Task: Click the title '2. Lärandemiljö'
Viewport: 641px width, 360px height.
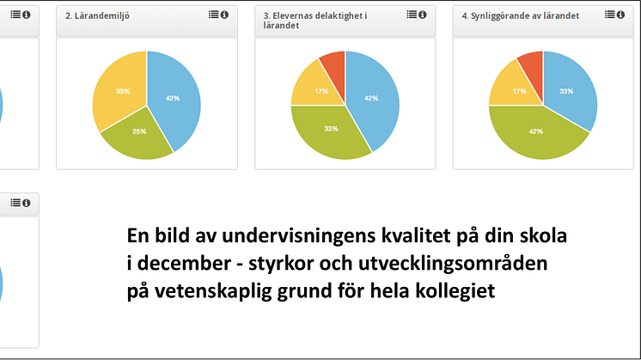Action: [97, 16]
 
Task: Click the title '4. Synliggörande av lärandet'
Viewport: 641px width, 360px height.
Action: [520, 16]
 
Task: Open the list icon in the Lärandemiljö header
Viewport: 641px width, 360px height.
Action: [213, 15]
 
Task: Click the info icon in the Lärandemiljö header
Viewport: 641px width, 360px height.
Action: [224, 15]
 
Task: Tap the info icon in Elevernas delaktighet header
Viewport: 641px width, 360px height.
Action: [423, 15]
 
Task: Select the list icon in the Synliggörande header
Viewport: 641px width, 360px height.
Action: [610, 15]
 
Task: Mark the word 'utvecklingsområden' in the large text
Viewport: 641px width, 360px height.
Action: [453, 264]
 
